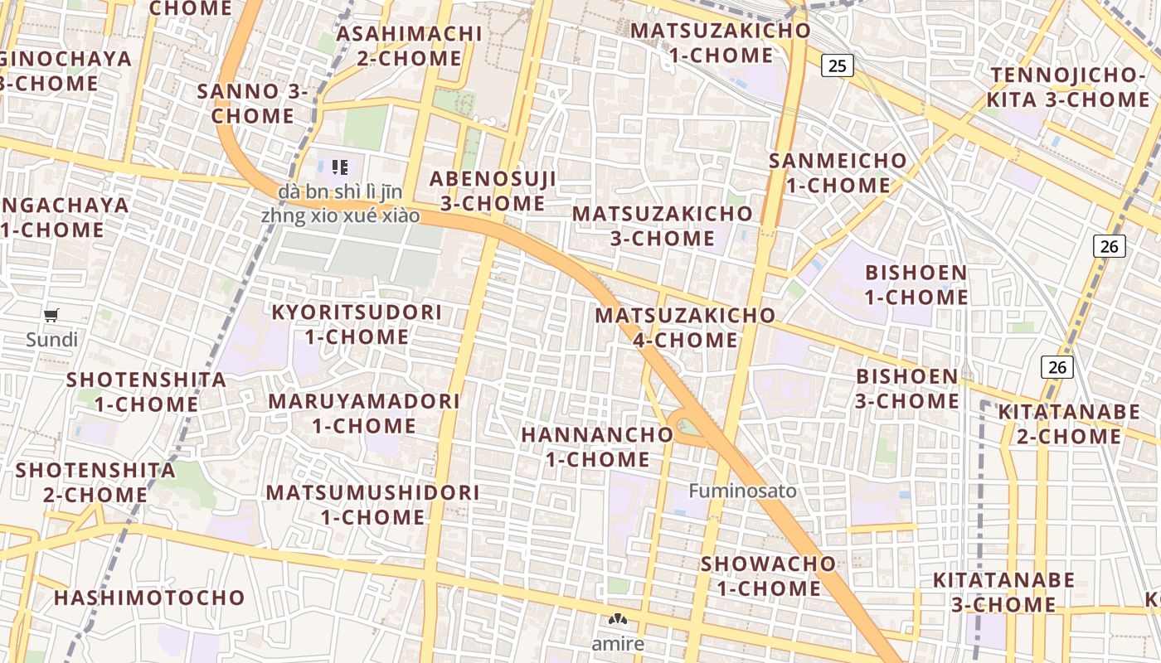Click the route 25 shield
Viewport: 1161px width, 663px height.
tap(838, 65)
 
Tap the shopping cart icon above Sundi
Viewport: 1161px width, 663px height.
tap(51, 315)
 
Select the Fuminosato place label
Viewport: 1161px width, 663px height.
tap(742, 491)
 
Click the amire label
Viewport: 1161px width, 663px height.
tap(618, 644)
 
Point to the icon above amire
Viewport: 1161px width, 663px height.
tap(618, 618)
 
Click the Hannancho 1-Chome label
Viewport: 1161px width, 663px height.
tap(597, 447)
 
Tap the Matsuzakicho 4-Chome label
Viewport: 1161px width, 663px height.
tap(685, 327)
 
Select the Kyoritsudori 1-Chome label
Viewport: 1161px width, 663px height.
tap(357, 324)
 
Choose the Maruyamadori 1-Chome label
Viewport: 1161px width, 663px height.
tap(364, 413)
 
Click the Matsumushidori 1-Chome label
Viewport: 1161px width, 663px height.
tap(372, 504)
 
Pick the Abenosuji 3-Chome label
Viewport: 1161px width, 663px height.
tap(493, 191)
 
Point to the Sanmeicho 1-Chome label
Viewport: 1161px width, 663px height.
tap(838, 172)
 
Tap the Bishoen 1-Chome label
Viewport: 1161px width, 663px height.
tap(916, 284)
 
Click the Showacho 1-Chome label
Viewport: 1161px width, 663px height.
tap(769, 575)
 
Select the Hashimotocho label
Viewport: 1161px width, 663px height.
tap(149, 598)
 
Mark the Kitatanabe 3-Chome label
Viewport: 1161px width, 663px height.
tap(1003, 592)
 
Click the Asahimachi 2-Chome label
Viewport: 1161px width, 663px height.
tap(409, 46)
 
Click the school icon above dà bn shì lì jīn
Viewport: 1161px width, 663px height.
tap(338, 167)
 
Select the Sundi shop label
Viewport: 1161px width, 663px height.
tap(51, 340)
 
